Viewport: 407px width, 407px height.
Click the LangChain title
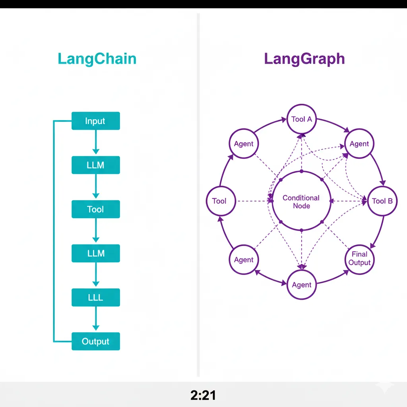point(97,59)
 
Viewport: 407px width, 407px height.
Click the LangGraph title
point(304,59)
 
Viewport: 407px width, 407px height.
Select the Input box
point(95,121)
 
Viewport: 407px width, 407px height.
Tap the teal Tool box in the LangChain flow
point(95,209)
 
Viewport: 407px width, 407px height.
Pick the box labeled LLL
point(95,297)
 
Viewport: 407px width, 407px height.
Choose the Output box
point(95,341)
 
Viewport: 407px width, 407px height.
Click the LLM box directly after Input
point(95,165)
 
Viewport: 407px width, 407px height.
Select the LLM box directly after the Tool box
point(95,253)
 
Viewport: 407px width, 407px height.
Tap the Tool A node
point(302,119)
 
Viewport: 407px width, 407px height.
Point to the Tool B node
point(382,201)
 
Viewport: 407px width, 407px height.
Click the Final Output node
point(359,258)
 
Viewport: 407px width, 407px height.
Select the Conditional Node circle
point(301,202)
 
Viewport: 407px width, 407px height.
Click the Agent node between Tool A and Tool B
point(359,144)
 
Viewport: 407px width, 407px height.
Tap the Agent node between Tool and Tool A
point(244,144)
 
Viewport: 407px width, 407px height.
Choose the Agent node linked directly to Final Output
point(302,285)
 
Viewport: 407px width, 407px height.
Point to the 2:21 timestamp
point(203,395)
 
